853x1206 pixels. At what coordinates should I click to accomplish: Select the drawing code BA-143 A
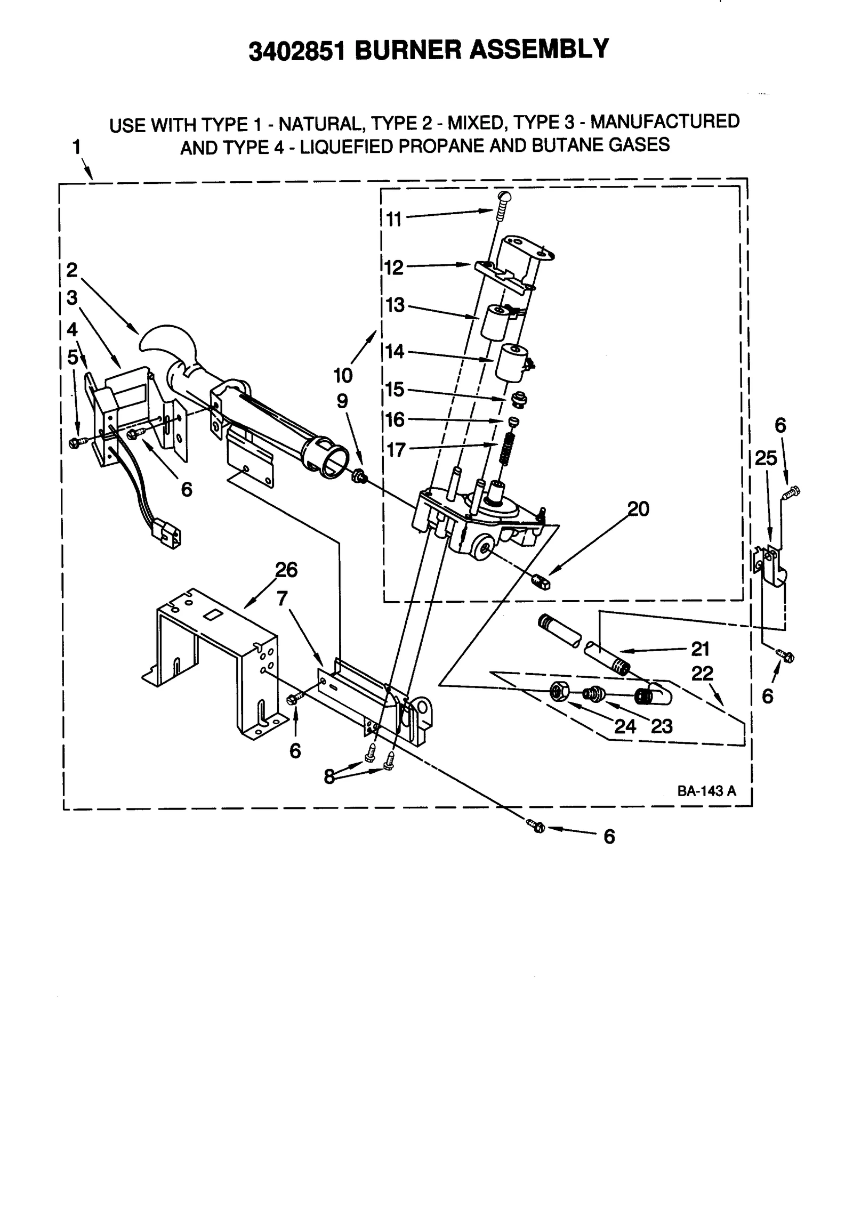coord(706,790)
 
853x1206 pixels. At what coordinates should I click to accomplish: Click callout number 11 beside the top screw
coord(393,219)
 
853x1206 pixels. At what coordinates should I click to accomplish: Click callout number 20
coord(638,509)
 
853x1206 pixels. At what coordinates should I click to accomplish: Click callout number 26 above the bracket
coord(286,570)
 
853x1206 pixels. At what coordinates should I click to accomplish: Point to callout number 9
coord(342,401)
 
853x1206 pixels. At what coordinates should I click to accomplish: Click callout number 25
coord(766,458)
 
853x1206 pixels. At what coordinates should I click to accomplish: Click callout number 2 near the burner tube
coord(72,270)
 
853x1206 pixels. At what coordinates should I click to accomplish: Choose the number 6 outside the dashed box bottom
coord(609,837)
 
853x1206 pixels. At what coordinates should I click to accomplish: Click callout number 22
coord(702,674)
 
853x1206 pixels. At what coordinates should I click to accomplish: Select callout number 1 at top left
coord(77,147)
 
